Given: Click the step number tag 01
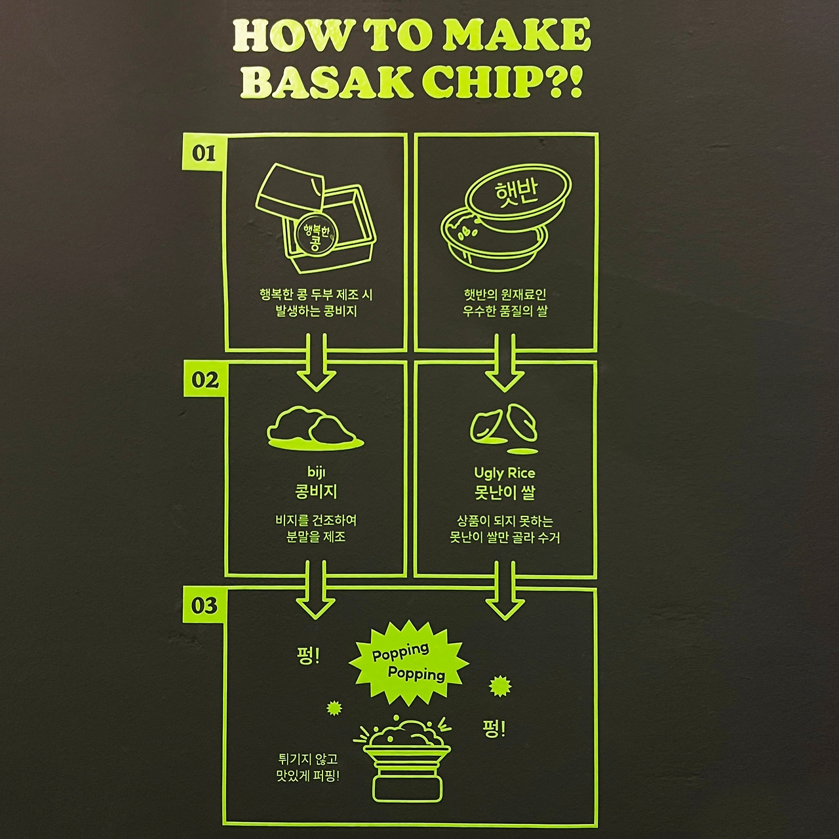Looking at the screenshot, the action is click(204, 152).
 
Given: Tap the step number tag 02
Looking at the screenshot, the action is click(205, 380).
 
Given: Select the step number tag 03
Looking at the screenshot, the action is click(205, 605).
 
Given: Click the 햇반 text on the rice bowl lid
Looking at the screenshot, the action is click(517, 193).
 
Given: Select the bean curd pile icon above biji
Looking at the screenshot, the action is click(315, 429).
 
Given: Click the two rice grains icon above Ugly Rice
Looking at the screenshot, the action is click(505, 428).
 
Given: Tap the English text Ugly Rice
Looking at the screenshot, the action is click(505, 473).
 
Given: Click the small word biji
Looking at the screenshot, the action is click(316, 472).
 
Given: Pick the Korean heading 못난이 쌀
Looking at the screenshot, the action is click(505, 492).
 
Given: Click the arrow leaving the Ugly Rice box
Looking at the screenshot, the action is click(505, 590).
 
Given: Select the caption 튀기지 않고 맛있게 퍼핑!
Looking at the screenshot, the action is click(308, 768).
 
